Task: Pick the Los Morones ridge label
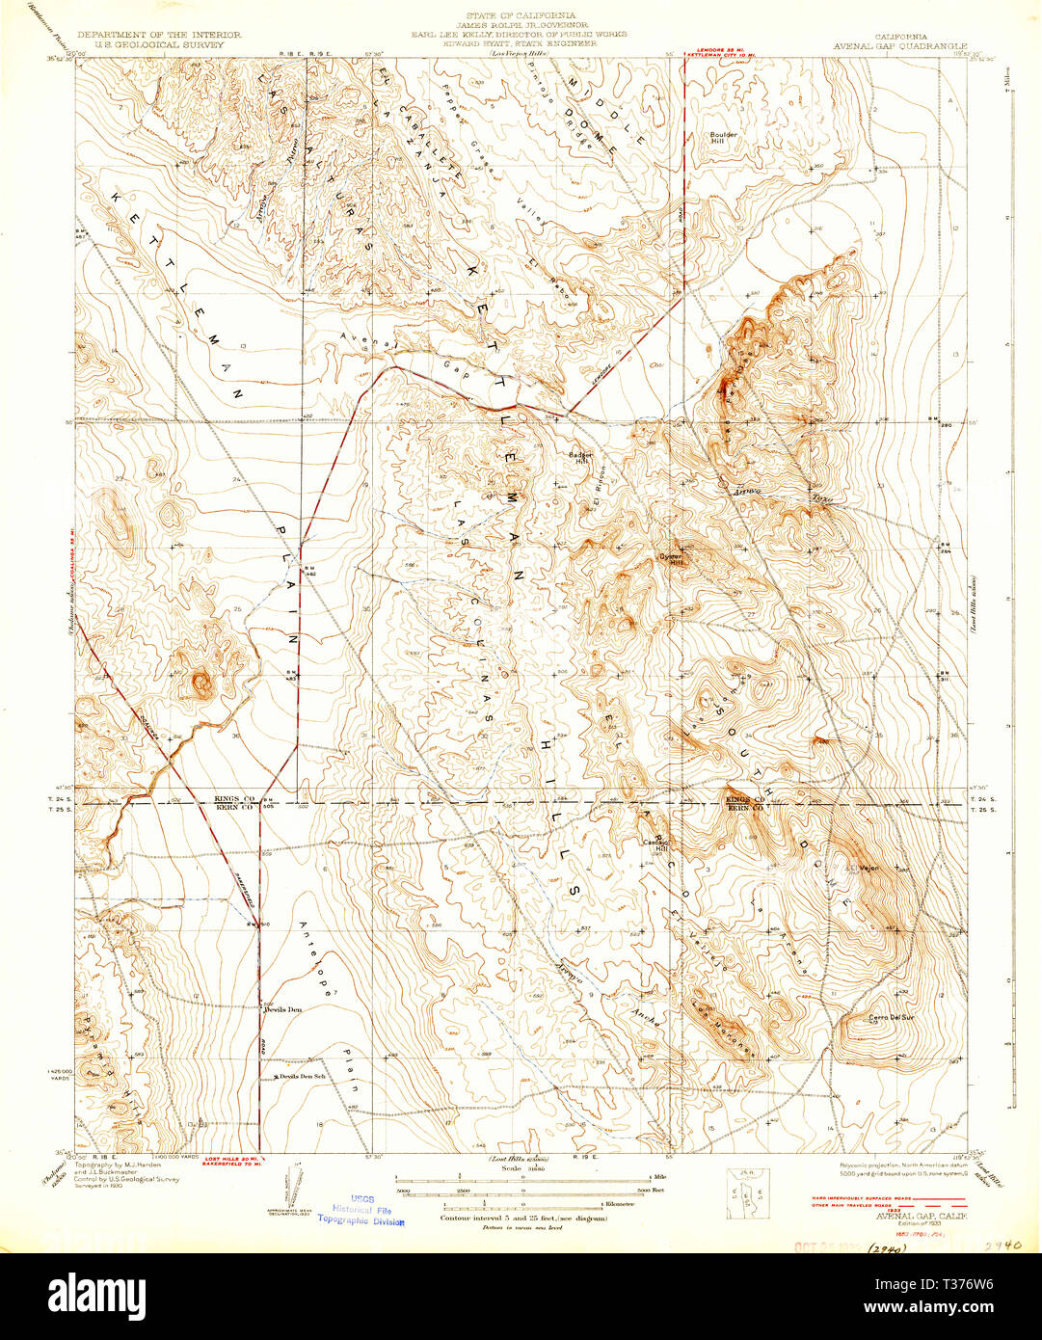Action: click(x=717, y=1014)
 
